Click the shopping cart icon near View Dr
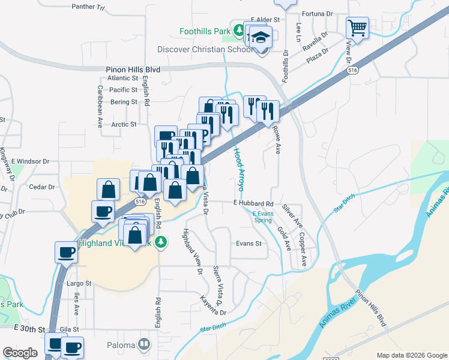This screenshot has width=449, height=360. pos(357,27)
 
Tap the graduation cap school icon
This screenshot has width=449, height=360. pos(261,38)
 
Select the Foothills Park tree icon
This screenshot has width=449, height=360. pos(239,29)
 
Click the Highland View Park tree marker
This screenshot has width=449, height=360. pos(160,242)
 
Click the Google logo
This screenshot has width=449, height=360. pos(20,353)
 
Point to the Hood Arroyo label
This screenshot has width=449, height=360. pos(239,169)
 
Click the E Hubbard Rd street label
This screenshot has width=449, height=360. pos(253,204)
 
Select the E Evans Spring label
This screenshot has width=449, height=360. pos(262,217)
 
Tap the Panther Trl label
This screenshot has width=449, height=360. pos(88,7)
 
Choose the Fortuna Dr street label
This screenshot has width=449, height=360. pos(318,13)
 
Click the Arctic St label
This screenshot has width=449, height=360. pos(125,124)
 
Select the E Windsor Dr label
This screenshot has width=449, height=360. pos(31,161)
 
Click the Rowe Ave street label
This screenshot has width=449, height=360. pos(277,139)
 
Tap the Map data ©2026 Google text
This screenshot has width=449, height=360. pos(411,355)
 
